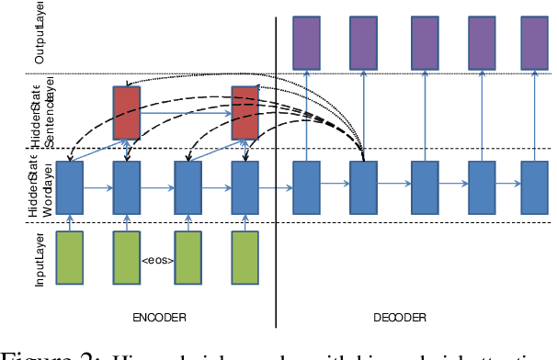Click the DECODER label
[400, 317]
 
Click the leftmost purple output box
[306, 41]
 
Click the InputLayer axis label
[40, 259]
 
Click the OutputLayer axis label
[40, 33]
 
